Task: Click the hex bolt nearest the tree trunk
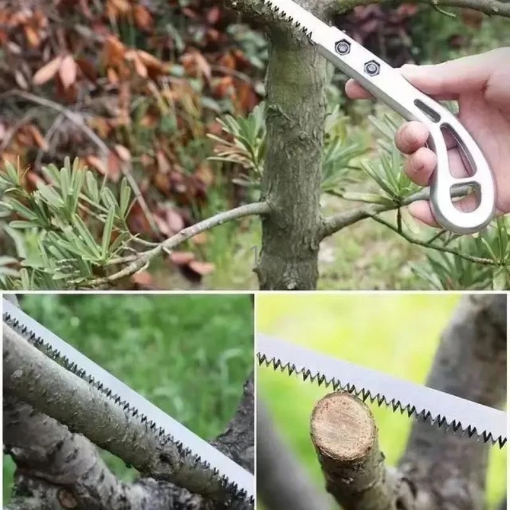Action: (x=343, y=47)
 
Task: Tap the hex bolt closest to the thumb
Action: (x=372, y=68)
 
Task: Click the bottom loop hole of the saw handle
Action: (x=467, y=195)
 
